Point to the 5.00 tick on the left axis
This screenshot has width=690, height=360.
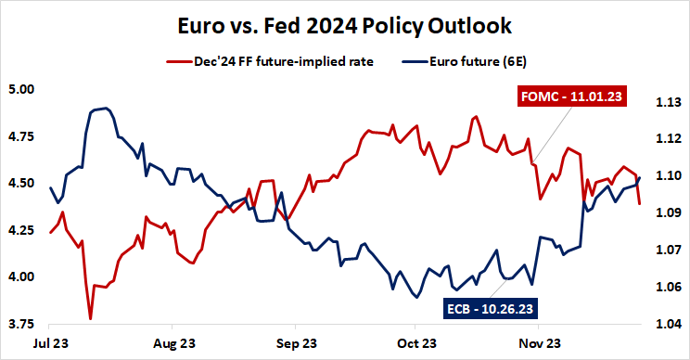(21, 90)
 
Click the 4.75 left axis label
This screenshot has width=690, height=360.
(21, 136)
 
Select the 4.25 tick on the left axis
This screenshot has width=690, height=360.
(21, 230)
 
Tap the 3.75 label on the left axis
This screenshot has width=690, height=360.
(21, 324)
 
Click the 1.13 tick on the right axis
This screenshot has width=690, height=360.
(668, 102)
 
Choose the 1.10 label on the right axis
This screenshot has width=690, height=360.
(668, 176)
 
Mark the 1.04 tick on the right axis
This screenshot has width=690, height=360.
(668, 324)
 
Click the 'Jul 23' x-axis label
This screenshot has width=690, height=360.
(52, 342)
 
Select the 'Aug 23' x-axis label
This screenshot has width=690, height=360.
(173, 342)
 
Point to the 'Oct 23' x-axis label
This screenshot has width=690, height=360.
(415, 342)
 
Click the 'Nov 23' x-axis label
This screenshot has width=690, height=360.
(537, 342)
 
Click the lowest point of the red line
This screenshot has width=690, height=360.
(90, 318)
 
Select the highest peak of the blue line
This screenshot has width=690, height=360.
(106, 109)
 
